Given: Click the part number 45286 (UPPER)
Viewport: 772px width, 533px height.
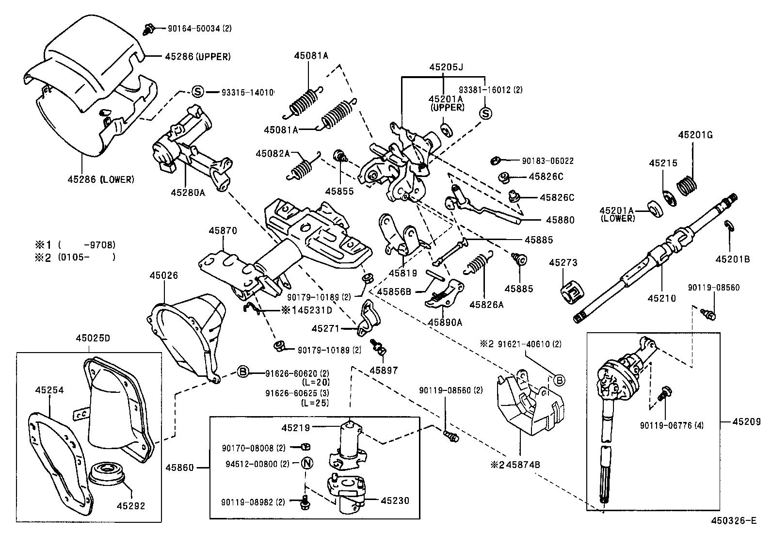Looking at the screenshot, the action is coord(198,57).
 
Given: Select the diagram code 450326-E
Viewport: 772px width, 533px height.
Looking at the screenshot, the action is coord(734,520).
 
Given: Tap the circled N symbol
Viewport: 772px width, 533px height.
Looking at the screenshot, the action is coord(307,463).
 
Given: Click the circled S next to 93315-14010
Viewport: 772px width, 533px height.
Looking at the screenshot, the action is coord(198,92).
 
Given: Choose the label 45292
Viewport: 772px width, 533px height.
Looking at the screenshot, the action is coord(131,506).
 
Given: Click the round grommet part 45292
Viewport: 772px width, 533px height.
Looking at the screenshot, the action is coord(107,471).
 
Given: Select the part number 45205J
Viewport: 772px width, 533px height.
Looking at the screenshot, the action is coord(446,67).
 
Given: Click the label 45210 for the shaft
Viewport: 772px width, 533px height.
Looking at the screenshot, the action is coord(662,298).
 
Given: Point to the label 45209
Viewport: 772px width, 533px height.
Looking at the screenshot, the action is coord(746,421).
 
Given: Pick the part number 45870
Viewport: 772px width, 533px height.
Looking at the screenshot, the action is coord(223,230).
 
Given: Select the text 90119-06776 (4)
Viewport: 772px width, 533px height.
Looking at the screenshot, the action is coord(672,425).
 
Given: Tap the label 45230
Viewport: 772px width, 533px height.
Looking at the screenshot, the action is coord(395,500).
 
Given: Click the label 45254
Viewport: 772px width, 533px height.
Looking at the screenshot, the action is coord(49,390).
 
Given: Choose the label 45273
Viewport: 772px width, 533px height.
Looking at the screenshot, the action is coord(563,263).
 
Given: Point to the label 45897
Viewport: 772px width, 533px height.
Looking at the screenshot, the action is coord(384,370).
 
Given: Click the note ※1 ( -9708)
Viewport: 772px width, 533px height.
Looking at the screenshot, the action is coord(75,245).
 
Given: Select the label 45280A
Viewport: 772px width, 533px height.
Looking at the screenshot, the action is coord(188,193).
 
